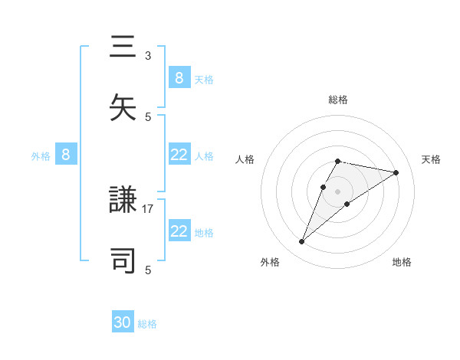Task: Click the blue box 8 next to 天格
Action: coord(179,77)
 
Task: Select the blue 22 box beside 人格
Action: coord(179,155)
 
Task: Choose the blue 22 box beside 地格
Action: coord(179,231)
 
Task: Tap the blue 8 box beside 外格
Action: coord(66,155)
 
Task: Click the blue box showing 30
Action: coord(123,322)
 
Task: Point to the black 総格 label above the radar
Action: coord(338,100)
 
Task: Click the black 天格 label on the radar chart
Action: coord(431,159)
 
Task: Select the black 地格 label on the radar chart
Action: coord(402,262)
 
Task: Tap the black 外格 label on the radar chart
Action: coord(270,262)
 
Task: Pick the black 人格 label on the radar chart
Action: coord(245,159)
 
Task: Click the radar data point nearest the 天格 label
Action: coord(396,172)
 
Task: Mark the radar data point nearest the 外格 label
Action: coord(302,242)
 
